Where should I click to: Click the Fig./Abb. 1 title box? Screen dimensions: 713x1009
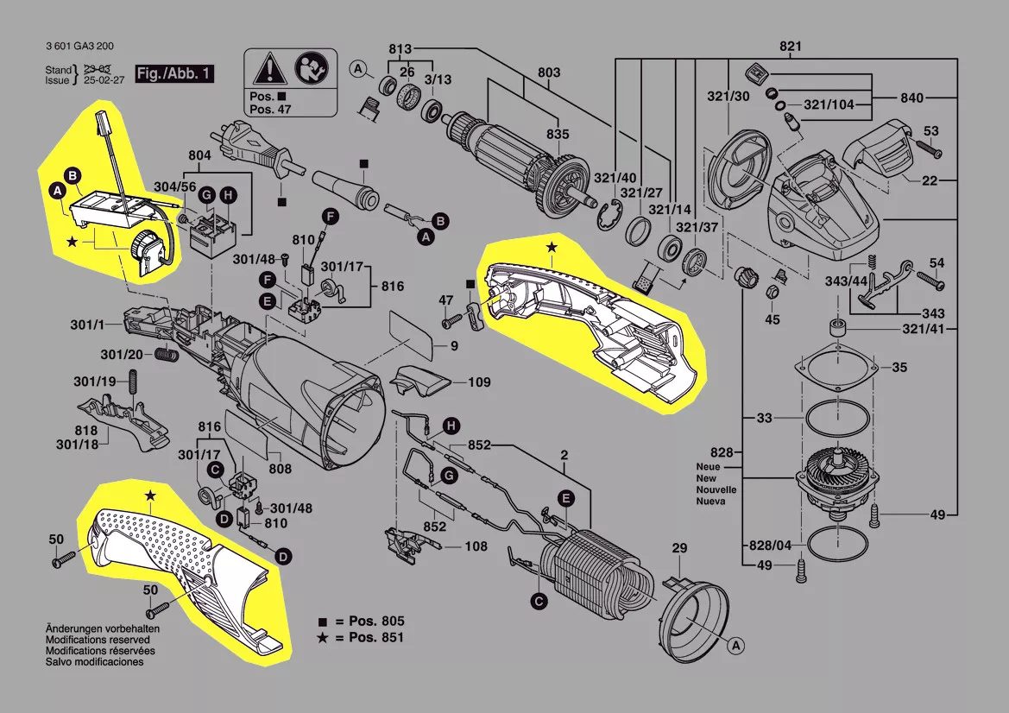174,73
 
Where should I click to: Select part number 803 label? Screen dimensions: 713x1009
549,72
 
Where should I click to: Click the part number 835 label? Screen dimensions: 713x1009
557,134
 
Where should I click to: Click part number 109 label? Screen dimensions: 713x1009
480,381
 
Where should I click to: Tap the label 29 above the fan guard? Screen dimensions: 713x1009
680,548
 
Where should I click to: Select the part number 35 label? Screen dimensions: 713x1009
899,367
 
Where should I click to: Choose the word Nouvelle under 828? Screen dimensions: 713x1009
716,489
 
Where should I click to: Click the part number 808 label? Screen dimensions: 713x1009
279,470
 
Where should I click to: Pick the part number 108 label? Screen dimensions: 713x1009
476,546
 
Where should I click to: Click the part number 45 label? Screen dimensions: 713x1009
773,319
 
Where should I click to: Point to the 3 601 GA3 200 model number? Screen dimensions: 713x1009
80,47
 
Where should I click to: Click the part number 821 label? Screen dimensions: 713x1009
790,46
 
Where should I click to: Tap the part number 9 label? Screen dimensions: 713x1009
453,346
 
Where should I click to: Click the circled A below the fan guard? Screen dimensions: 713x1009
735,644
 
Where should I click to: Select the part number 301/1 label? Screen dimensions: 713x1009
88,325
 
